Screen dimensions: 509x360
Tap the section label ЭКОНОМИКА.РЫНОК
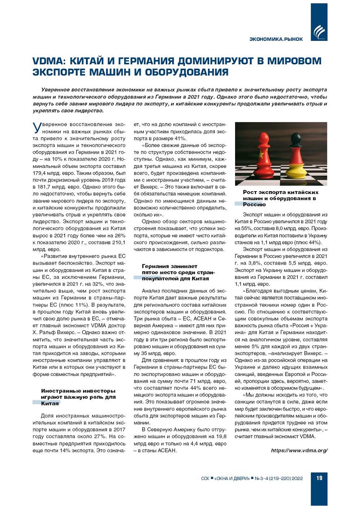coord(276,39)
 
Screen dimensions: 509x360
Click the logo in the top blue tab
coord(319,32)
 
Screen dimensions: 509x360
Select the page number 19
coord(319,478)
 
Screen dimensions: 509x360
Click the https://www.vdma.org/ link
coord(299,451)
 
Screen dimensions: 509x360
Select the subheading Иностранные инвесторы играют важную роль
coord(78,397)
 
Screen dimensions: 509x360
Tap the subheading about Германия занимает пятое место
coord(178,272)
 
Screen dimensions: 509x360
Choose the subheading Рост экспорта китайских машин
coord(280,198)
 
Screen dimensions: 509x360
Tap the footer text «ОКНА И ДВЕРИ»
coord(231,478)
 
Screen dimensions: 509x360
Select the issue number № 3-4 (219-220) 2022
coord(279,478)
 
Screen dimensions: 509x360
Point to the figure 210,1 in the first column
coord(118,243)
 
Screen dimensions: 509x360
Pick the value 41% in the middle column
coord(180,139)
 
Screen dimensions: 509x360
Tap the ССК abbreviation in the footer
coord(205,478)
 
